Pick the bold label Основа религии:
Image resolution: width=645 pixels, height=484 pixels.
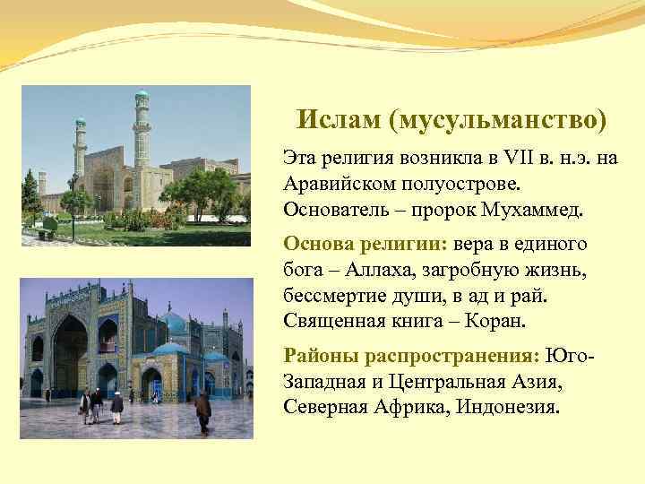point(365,243)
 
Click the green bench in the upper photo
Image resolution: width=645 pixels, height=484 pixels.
point(41,235)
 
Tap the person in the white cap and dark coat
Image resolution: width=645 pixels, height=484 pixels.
point(116,406)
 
